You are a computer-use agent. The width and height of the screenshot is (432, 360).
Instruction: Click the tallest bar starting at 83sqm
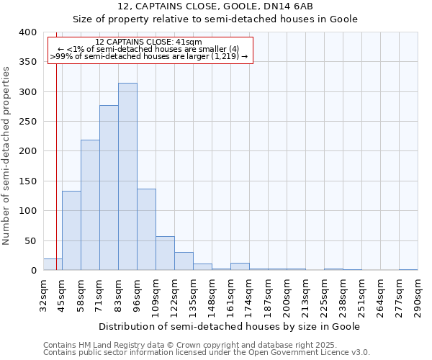127,176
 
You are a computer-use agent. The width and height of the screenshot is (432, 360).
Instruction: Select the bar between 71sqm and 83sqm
109,188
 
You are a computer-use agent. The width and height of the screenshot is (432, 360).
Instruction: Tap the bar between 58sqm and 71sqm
90,205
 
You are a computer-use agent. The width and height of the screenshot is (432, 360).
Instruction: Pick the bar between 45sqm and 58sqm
71,230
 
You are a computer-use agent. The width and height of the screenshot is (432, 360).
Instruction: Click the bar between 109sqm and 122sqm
165,253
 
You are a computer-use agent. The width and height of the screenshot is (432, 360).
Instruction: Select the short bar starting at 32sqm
53,264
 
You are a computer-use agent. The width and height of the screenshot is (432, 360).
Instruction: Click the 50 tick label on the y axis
31,240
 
